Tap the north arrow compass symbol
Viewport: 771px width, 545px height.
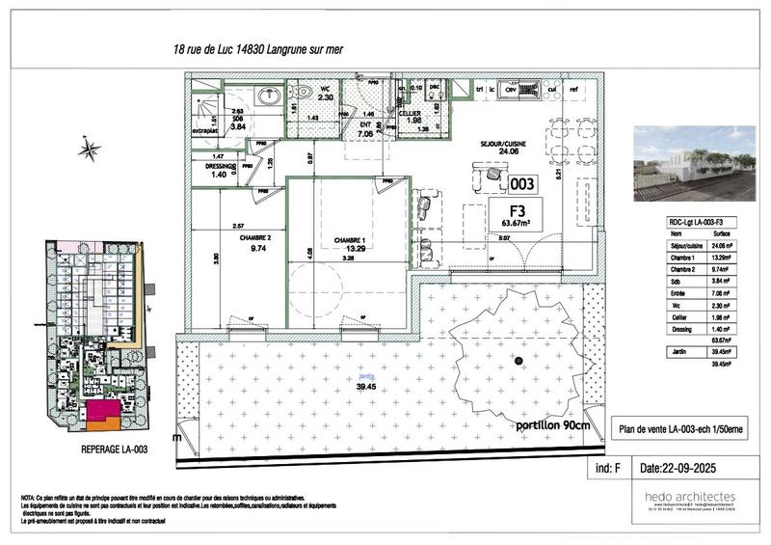(89, 149)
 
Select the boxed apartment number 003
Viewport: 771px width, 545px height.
(522, 183)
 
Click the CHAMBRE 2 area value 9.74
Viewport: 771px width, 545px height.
(257, 248)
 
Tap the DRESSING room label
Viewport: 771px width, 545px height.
(221, 166)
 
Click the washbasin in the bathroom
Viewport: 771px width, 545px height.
(268, 95)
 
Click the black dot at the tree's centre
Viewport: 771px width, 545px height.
(518, 361)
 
